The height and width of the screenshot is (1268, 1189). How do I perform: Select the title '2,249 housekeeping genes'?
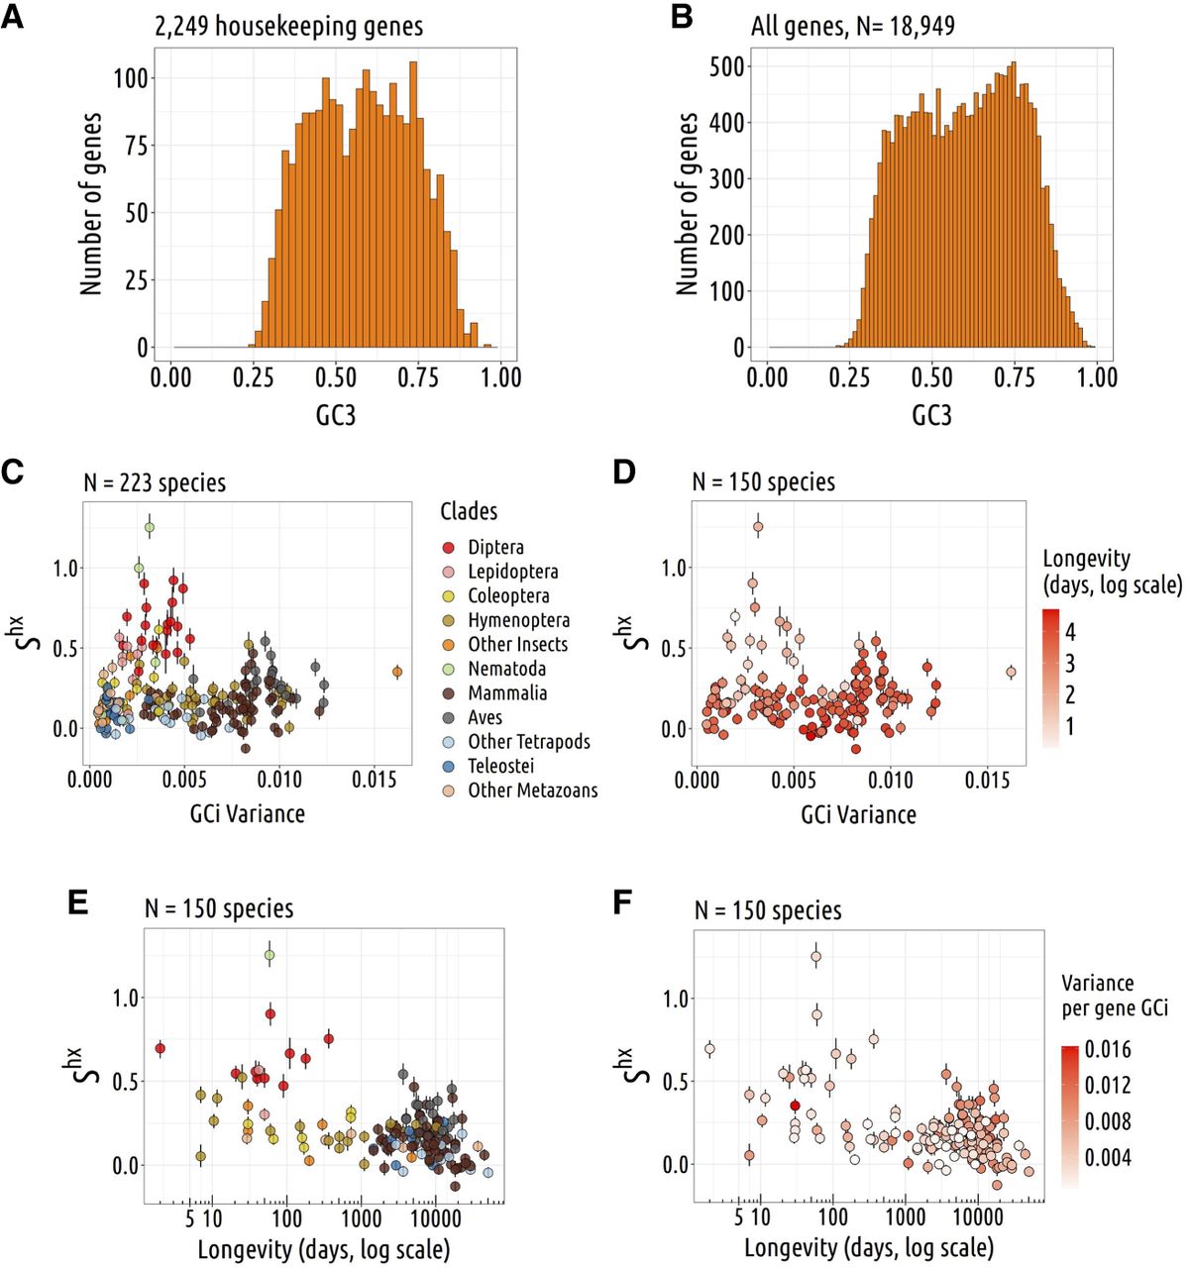[288, 27]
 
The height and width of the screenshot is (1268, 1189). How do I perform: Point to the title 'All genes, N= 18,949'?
[852, 26]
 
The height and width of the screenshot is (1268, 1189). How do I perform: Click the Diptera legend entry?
[495, 547]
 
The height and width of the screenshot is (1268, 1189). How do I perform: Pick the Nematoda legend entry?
[506, 669]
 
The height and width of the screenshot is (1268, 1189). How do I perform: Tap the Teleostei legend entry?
[500, 766]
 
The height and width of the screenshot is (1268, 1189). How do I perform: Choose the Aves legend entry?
[485, 717]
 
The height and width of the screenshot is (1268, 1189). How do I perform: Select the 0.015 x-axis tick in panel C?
[375, 781]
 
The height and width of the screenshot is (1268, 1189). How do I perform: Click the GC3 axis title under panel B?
[931, 414]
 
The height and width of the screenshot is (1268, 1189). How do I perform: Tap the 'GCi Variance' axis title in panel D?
[858, 815]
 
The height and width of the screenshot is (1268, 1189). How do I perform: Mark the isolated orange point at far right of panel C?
[397, 672]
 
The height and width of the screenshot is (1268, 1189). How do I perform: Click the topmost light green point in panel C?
[149, 528]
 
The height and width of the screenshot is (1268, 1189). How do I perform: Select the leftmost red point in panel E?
[160, 1048]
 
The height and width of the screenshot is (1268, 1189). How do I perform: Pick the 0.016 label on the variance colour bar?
[1107, 1049]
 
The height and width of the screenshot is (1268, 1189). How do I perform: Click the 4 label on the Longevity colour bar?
[1069, 632]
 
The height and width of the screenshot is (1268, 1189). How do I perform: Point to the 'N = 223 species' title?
[155, 483]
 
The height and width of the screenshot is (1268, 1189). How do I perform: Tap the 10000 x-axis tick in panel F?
[977, 1216]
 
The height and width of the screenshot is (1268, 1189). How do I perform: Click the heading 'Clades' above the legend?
[469, 511]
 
